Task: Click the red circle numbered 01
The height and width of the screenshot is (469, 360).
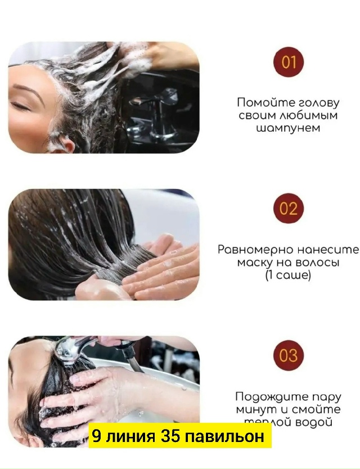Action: (288, 61)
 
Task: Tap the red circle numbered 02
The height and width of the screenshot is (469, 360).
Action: (288, 209)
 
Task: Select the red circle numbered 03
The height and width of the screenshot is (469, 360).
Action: (288, 355)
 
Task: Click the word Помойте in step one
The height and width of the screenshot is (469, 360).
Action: (263, 103)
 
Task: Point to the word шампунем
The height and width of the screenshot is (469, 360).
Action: (288, 128)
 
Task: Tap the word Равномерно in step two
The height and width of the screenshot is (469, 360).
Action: (253, 250)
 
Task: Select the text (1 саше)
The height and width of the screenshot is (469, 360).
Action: (288, 276)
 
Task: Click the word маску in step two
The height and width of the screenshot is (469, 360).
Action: (254, 263)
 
